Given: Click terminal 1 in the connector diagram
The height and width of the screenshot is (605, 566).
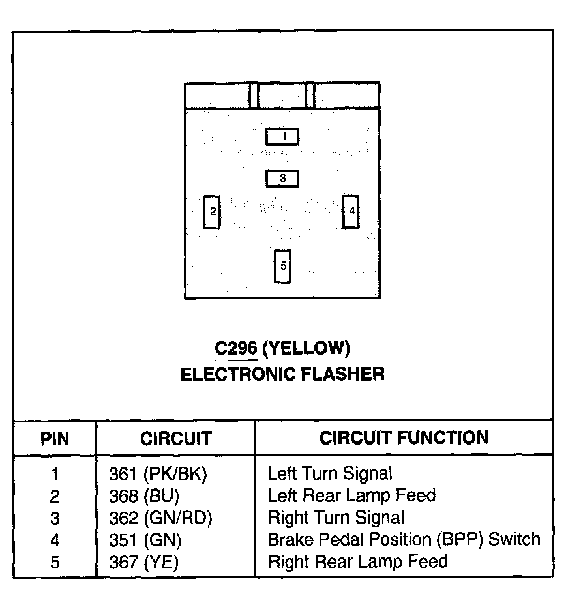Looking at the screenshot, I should point(282,136).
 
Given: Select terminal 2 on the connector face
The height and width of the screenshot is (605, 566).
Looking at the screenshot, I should point(212,212).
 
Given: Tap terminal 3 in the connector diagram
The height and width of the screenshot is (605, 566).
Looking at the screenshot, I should point(282,178).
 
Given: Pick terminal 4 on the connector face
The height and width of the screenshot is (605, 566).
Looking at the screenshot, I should point(351,211).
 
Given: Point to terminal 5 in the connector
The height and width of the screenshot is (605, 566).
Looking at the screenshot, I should point(283,266).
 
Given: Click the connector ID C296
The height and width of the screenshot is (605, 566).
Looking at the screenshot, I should point(236,349).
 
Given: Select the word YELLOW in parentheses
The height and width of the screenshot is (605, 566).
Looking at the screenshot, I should point(306,349).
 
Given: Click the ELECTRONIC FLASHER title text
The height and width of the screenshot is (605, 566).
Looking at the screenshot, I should point(282,374).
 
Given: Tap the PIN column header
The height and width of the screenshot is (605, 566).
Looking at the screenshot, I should point(55,437).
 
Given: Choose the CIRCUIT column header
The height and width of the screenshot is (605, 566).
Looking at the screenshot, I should point(175,438).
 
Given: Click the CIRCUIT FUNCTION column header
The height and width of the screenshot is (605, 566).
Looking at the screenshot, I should point(404,437).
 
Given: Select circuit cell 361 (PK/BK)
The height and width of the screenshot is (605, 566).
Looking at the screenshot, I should point(157,474).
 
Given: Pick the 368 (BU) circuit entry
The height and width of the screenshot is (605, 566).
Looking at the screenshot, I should point(143,496).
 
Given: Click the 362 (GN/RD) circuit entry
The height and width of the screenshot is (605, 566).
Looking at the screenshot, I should point(160,518).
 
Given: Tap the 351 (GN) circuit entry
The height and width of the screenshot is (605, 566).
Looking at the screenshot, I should point(145,540).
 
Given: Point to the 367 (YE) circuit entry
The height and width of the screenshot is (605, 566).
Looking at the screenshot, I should point(143,561).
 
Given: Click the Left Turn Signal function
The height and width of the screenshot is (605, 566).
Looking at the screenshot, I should point(330,474).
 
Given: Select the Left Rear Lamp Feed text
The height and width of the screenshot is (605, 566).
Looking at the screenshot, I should point(351,496).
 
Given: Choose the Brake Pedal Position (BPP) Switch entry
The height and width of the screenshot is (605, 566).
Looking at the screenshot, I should point(404,540).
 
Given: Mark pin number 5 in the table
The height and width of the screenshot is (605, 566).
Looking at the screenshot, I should point(55,561).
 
